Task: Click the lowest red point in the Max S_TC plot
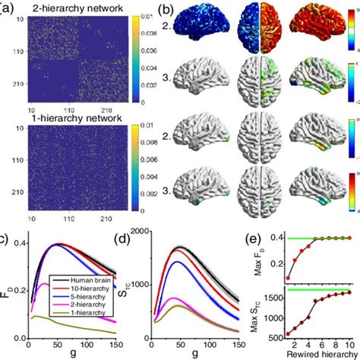[288, 333]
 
